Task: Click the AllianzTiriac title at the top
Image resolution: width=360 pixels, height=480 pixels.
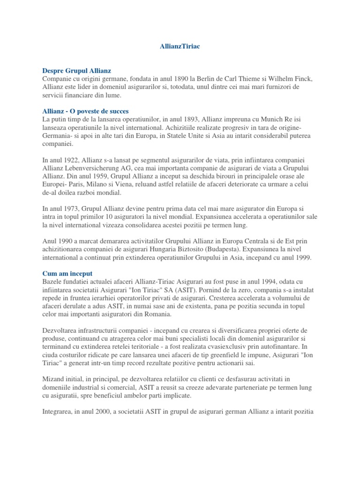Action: [x=180, y=47]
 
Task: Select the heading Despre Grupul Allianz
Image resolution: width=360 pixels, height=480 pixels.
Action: [x=76, y=70]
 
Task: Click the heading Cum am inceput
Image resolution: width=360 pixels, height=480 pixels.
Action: [x=67, y=273]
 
